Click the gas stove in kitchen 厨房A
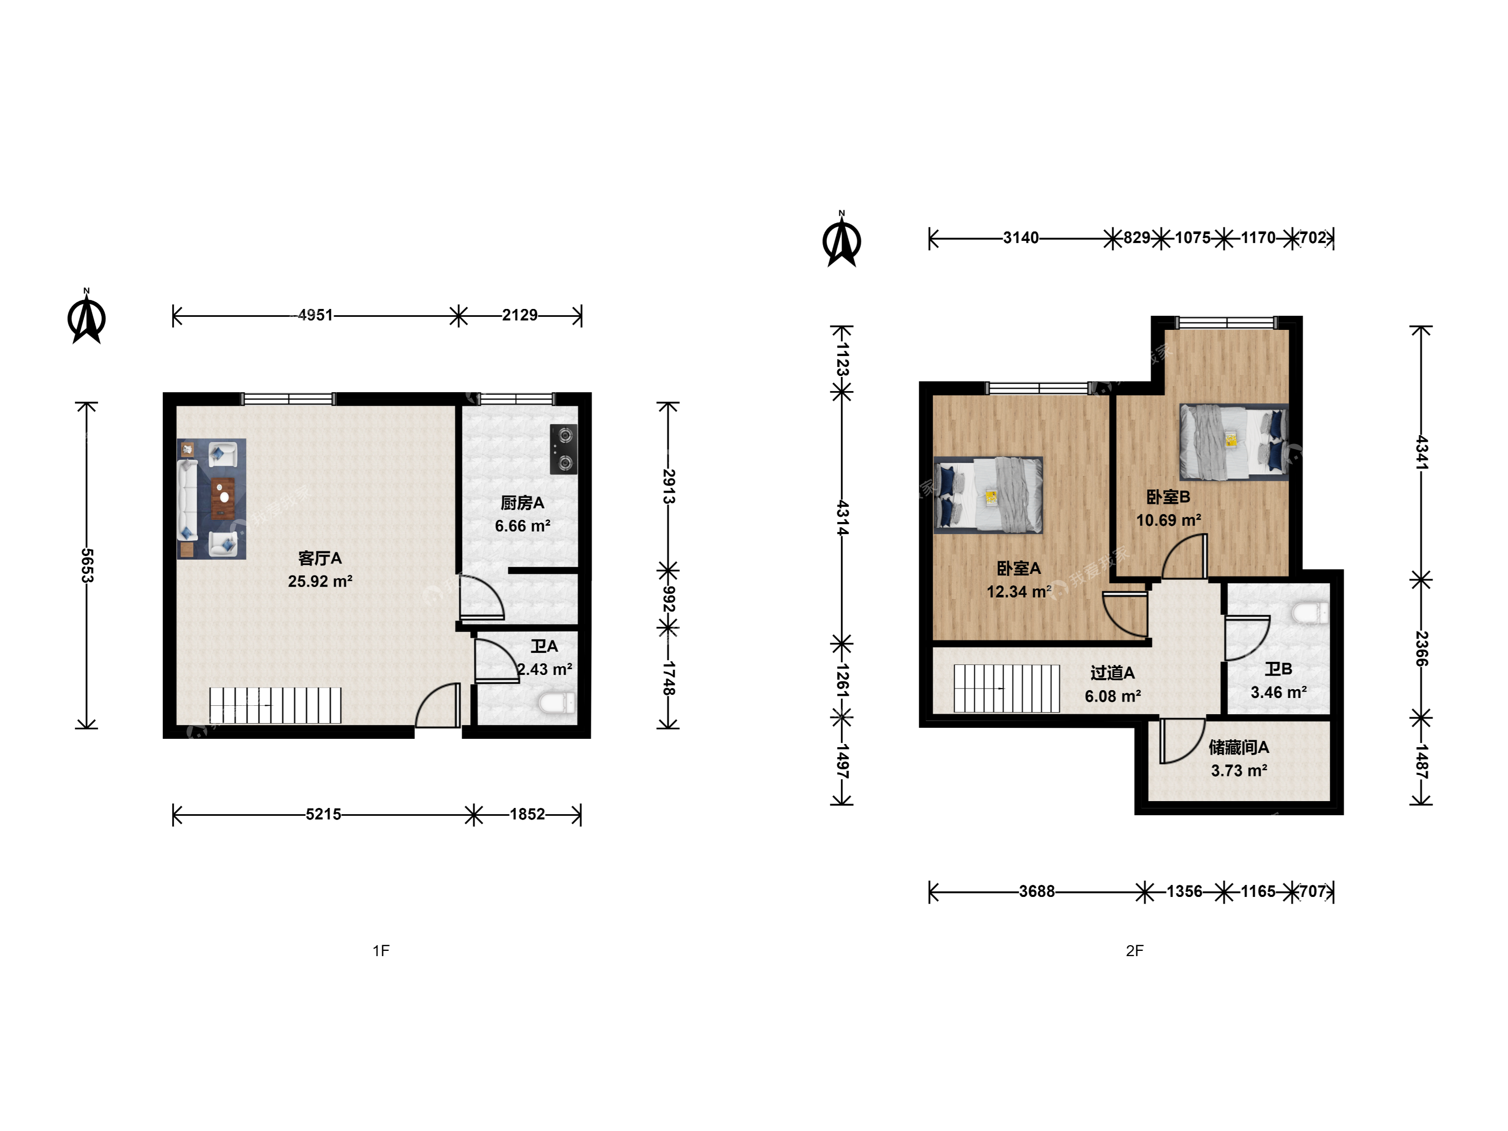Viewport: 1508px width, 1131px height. [x=564, y=449]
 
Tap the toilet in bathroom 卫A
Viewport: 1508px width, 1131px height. [x=557, y=702]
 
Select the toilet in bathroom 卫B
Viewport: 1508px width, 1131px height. [x=1310, y=612]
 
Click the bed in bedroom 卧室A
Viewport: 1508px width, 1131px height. [x=988, y=495]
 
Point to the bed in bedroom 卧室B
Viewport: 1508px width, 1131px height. [x=1234, y=442]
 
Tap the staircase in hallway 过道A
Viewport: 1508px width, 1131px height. [x=1007, y=689]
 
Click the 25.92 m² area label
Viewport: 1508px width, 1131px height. [x=320, y=582]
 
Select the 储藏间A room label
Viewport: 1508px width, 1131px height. [x=1239, y=747]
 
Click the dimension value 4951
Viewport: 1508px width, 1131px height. [x=316, y=315]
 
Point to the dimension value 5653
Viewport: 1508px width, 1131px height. [x=86, y=565]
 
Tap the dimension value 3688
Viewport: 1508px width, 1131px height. [x=1037, y=891]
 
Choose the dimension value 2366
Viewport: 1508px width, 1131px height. [x=1422, y=649]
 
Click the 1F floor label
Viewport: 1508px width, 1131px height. [x=381, y=950]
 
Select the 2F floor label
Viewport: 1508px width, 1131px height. [x=1135, y=950]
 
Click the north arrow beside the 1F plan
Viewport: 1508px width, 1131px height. [x=86, y=317]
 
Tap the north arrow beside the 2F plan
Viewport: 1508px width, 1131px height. [x=842, y=239]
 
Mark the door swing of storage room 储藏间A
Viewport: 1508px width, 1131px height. [x=1181, y=741]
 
